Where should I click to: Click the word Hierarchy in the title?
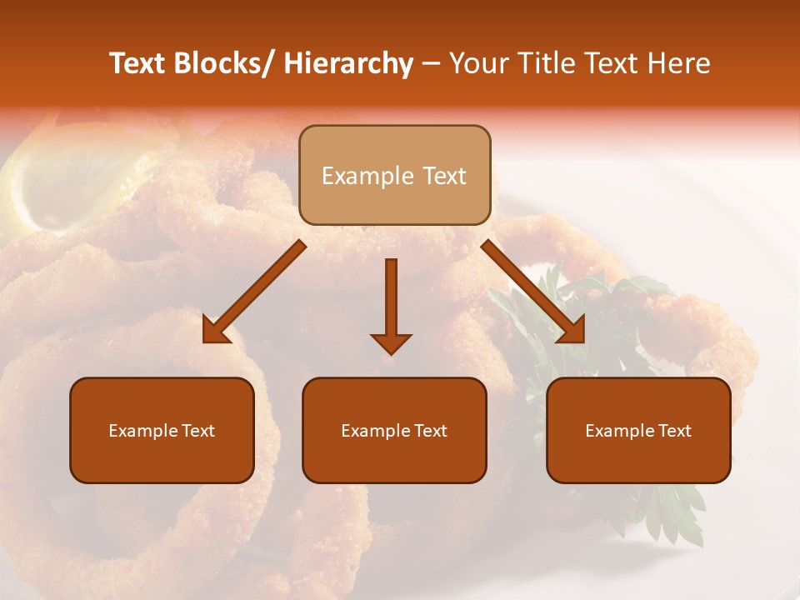tap(348, 63)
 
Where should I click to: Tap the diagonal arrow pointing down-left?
tap(254, 292)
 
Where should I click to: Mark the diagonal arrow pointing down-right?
tap(533, 292)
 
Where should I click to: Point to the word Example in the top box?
tap(357, 176)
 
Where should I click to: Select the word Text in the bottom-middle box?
tap(430, 431)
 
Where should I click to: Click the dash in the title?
tap(431, 63)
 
